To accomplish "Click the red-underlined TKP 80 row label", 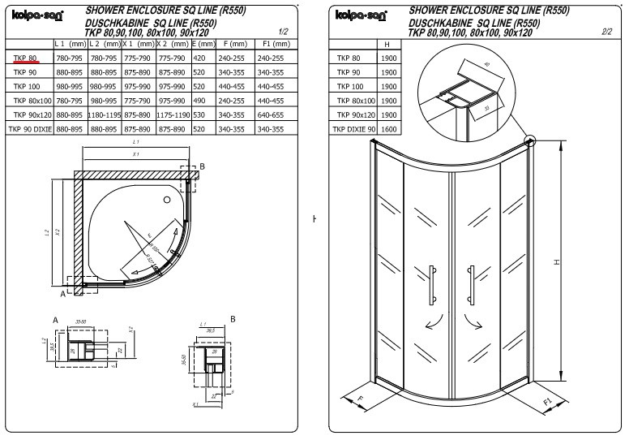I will click(25, 58).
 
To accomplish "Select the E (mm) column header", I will click(203, 42).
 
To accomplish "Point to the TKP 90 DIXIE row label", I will click(29, 129).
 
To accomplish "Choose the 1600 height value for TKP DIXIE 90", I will click(389, 129).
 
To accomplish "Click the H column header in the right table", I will click(389, 43).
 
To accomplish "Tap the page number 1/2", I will click(283, 32).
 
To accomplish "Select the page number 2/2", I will click(607, 32).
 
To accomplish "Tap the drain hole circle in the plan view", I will click(167, 198).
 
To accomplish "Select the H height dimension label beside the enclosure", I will click(557, 261).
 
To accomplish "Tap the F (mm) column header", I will click(234, 42).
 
